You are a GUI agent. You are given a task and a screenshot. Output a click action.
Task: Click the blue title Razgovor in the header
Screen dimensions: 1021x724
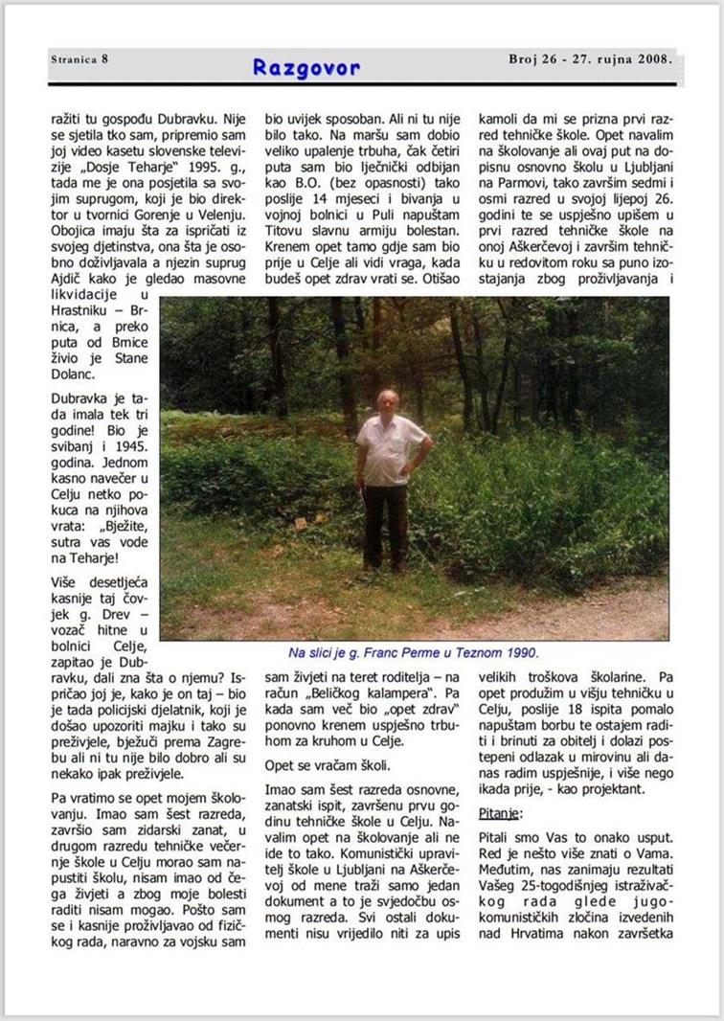(x=306, y=67)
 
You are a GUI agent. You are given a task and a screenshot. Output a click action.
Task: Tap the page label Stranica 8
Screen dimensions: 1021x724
(x=79, y=58)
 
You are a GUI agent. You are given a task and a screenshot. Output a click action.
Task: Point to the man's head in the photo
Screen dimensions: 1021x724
(x=387, y=401)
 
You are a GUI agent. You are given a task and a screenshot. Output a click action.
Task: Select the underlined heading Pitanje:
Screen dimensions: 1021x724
(x=500, y=813)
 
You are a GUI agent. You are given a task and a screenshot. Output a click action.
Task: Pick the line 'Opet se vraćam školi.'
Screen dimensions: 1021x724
(x=321, y=765)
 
